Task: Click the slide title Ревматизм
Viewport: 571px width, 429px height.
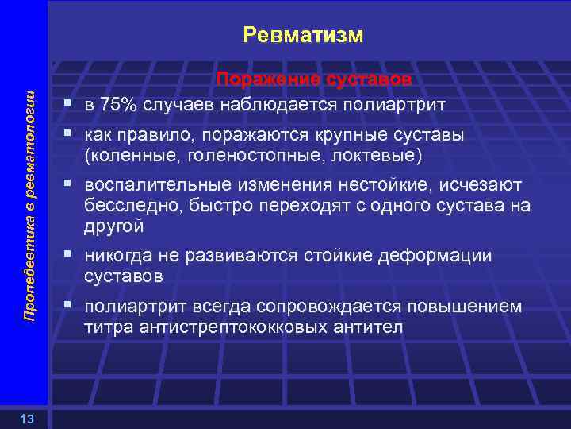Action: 303,35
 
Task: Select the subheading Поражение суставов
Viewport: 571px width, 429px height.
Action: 315,80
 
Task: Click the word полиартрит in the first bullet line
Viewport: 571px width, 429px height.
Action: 402,106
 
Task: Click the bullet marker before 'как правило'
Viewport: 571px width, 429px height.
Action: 71,135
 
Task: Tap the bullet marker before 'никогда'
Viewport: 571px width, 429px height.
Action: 71,255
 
